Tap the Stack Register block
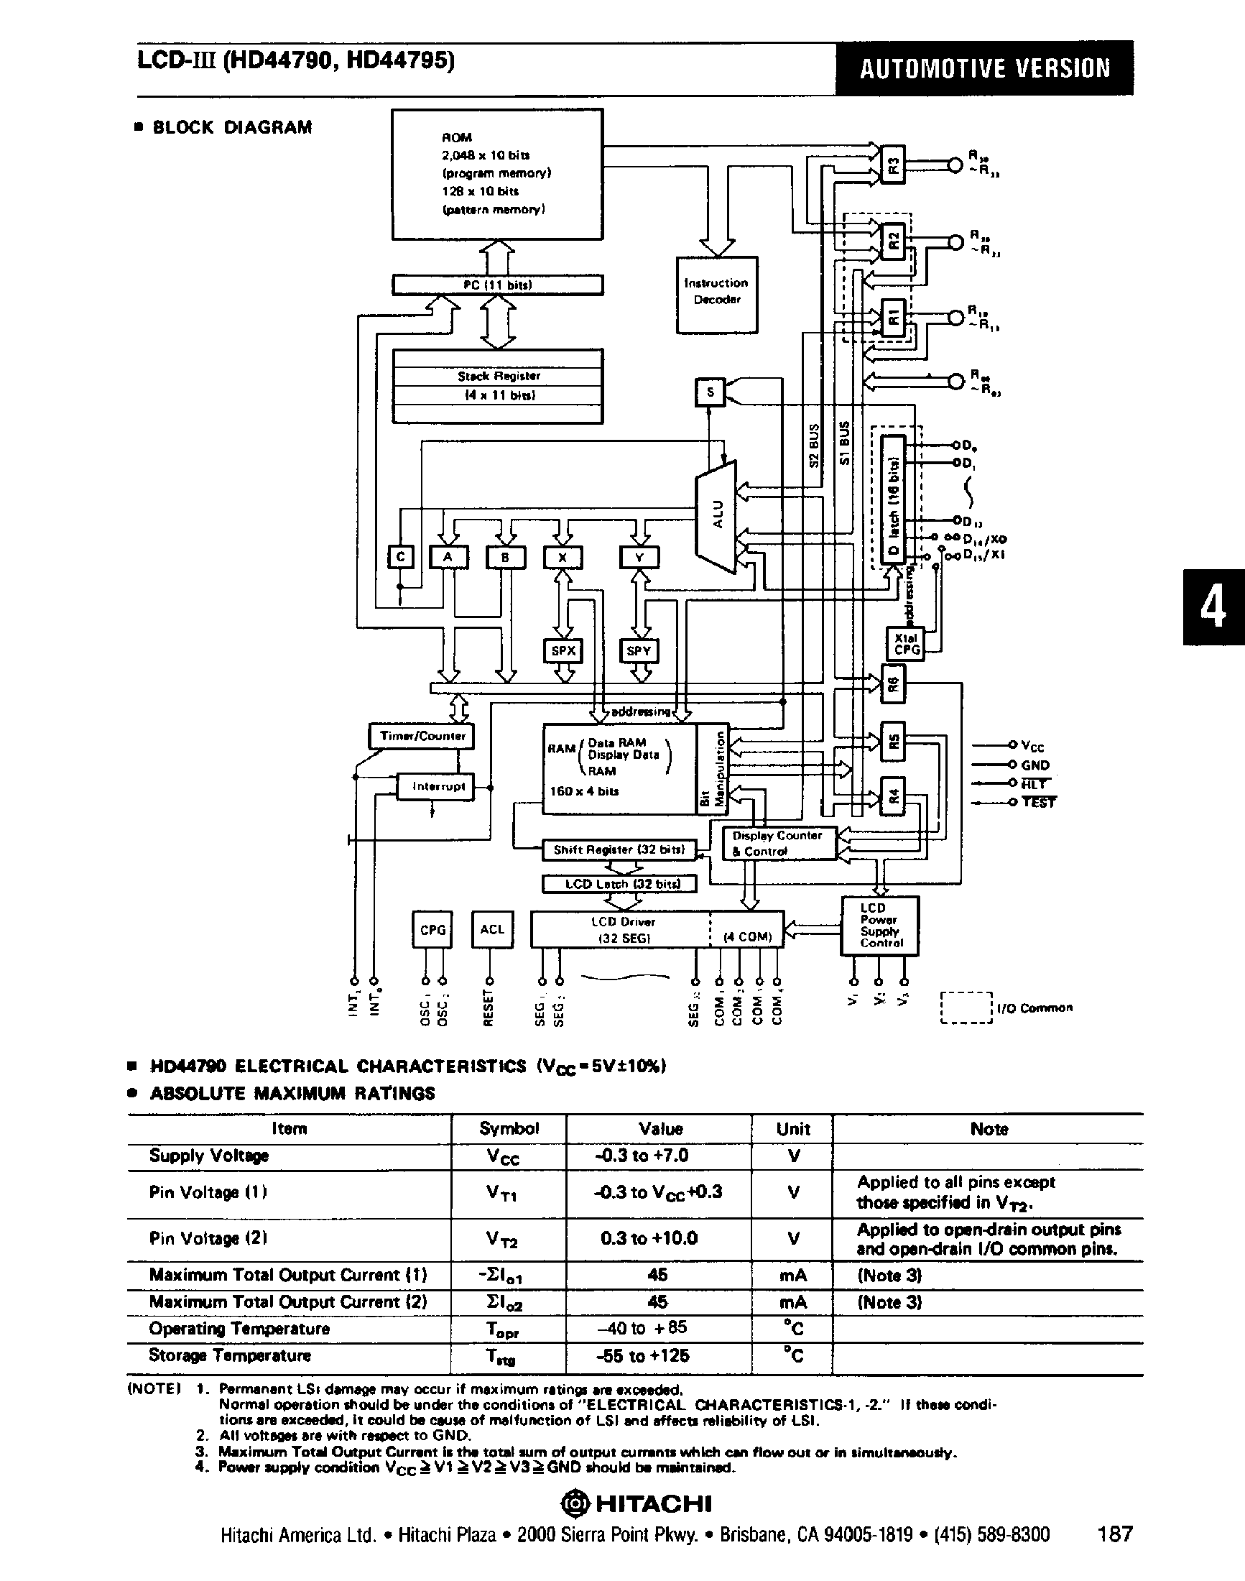[498, 386]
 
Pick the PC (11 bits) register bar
[498, 285]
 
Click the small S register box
[710, 393]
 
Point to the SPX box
[563, 650]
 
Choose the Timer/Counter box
[421, 736]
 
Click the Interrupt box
[436, 786]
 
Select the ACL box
[492, 929]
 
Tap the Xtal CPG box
[905, 644]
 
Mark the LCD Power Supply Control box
[880, 926]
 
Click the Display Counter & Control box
[778, 843]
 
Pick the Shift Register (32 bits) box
[619, 849]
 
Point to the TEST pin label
[1038, 802]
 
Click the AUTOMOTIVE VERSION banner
[984, 68]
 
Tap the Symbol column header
[509, 1129]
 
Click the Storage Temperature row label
[230, 1355]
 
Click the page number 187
[1114, 1534]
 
